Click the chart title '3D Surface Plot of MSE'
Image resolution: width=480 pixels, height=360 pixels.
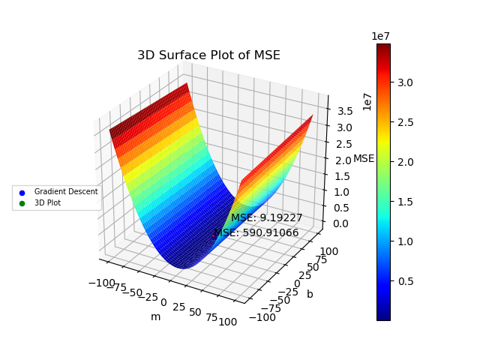point(208,55)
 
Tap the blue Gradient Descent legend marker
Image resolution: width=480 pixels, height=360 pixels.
point(22,192)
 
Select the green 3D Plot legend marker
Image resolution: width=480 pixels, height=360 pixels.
point(22,202)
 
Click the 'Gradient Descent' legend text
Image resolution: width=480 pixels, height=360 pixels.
point(66,192)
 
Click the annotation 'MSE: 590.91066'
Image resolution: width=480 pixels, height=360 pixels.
point(256,232)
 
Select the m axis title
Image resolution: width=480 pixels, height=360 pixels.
point(155,316)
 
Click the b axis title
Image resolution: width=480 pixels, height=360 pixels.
point(310,294)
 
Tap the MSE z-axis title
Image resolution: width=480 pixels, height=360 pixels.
point(364,158)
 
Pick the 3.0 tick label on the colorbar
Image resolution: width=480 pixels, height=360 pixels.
point(405,82)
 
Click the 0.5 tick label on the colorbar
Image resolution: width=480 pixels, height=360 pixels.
point(405,281)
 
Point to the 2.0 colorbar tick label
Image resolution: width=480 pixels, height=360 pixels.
point(405,162)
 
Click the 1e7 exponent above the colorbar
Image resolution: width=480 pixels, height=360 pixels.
point(380,36)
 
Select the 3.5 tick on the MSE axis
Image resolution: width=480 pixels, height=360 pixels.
point(346,111)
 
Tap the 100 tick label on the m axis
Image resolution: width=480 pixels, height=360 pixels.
point(228,321)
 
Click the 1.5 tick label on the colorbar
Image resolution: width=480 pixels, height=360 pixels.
point(405,202)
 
